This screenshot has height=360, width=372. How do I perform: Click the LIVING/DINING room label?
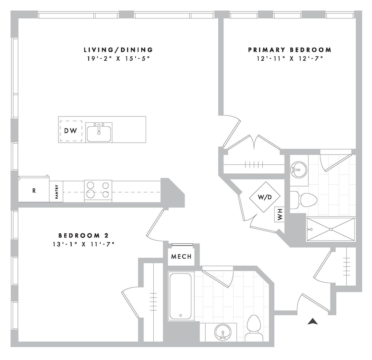point(118,50)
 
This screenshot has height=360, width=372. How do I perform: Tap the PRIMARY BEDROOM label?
point(290,50)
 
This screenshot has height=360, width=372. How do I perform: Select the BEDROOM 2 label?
point(84,235)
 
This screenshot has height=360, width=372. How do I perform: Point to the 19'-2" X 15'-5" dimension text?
point(118,58)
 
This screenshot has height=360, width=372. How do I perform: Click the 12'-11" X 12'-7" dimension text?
point(290,58)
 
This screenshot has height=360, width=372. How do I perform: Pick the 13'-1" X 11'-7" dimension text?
point(84,244)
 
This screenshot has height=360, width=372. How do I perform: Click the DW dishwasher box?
point(71,131)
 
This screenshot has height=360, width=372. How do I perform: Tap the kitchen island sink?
point(99,132)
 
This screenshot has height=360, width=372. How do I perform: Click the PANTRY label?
point(57,191)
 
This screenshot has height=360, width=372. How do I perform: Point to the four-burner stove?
point(98,190)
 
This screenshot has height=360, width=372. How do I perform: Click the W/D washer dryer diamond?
point(265,197)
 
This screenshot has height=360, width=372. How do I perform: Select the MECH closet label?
point(181,257)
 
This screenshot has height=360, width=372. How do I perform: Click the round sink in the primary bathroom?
point(299,169)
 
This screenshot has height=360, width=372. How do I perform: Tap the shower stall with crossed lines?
point(330,229)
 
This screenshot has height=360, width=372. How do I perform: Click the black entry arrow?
point(312,321)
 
